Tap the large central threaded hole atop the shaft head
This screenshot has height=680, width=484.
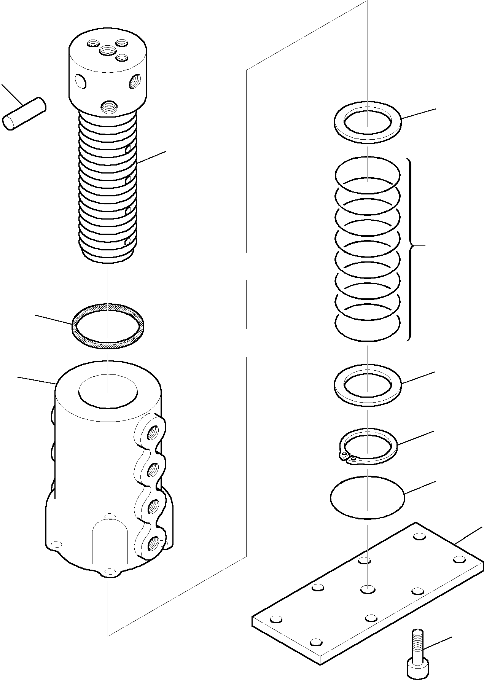(x=107, y=49)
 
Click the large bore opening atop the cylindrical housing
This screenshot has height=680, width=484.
(x=108, y=391)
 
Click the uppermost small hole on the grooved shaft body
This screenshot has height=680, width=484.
(x=129, y=148)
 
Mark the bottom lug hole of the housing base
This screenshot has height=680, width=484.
(x=110, y=571)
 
